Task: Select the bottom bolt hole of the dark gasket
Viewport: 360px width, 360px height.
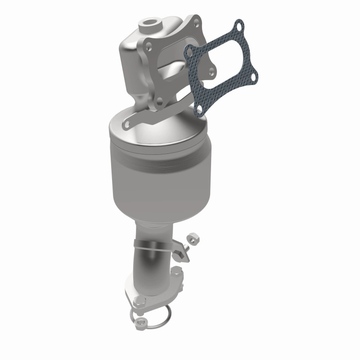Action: [x=198, y=108]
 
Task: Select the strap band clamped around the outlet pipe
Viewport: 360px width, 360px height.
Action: [x=153, y=246]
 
